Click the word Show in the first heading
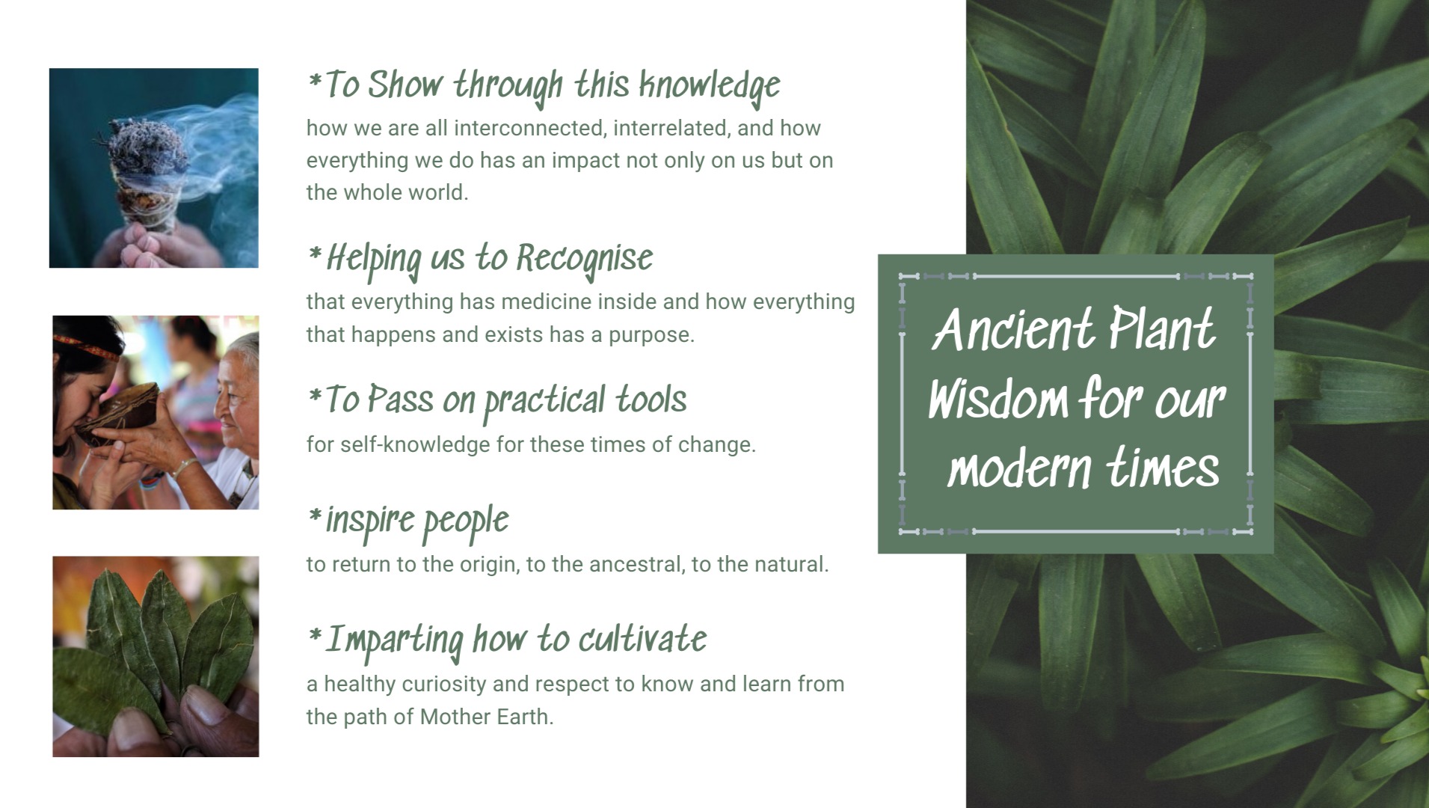point(405,85)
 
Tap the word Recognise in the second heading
point(584,260)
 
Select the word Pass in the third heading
point(400,400)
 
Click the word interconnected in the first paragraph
point(527,128)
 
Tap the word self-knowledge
point(398,444)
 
